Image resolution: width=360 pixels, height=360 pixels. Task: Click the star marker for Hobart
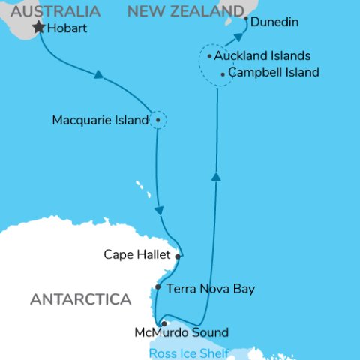click(x=39, y=28)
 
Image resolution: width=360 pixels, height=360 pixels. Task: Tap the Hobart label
click(x=68, y=29)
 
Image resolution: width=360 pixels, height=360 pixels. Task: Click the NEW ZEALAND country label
click(x=186, y=10)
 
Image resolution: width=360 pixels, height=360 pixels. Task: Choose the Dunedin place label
click(x=274, y=22)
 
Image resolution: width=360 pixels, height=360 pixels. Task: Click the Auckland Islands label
click(x=262, y=56)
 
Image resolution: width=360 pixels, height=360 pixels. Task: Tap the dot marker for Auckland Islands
click(x=209, y=56)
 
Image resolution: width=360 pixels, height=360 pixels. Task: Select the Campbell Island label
click(x=274, y=73)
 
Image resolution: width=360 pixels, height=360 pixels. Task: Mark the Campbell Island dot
click(x=223, y=73)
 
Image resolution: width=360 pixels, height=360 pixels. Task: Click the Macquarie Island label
click(x=100, y=120)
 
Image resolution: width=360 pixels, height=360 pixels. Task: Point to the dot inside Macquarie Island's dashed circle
click(x=157, y=119)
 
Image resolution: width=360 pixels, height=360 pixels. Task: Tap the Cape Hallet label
click(x=137, y=255)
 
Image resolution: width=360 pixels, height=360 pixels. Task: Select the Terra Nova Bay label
click(x=210, y=288)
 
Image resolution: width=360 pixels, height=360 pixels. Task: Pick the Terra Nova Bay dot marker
click(x=157, y=286)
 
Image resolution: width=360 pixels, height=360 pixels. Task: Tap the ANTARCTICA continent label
click(x=81, y=300)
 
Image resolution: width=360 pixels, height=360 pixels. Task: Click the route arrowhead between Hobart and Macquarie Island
click(x=98, y=74)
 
